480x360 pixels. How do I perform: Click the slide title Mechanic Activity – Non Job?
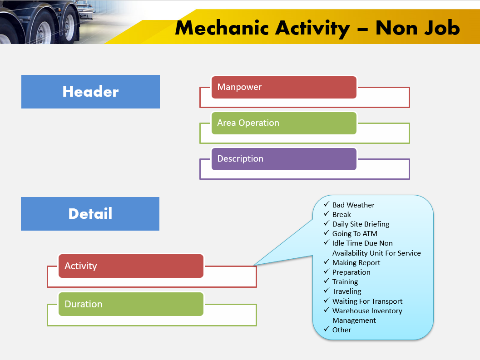click(317, 28)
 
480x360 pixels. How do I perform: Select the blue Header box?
click(90, 92)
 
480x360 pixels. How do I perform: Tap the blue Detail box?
click(90, 214)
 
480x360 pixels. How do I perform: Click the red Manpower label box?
click(284, 87)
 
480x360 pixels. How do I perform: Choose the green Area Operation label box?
click(284, 123)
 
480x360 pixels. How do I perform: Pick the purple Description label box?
click(284, 159)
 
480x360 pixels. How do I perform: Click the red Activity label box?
click(131, 266)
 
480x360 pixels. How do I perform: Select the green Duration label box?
click(131, 304)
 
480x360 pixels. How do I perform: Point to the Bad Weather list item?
click(353, 205)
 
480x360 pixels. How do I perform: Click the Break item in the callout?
click(341, 215)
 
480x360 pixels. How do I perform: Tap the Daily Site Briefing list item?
click(361, 224)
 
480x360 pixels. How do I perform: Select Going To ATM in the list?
click(355, 234)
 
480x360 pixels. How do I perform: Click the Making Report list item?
click(356, 263)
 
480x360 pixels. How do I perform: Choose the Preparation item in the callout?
click(351, 272)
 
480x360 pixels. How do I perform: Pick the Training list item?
click(345, 282)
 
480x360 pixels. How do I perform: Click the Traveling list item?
click(346, 291)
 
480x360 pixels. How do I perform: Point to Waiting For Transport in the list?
click(367, 301)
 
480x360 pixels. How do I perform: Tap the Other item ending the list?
click(341, 330)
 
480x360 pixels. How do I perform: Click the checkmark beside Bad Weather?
click(326, 205)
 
